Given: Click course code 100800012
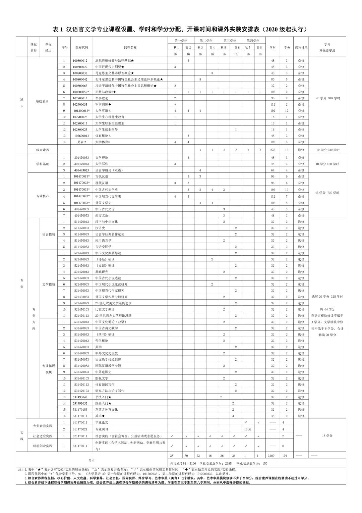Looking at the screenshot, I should click(80, 60).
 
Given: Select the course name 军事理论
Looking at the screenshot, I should click(102, 98).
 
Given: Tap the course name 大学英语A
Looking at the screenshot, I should click(103, 110).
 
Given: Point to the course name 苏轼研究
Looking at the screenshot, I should click(102, 272).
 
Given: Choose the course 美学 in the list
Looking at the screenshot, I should click(98, 347).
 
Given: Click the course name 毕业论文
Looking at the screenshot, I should click(102, 422).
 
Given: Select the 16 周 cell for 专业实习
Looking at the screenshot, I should click(248, 429).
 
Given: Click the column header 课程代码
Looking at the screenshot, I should click(81, 48).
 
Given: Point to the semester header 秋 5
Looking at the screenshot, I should click(224, 48).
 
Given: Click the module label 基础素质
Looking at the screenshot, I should click(43, 101).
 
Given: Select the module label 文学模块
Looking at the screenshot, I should click(49, 285).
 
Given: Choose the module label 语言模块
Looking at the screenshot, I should click(49, 234).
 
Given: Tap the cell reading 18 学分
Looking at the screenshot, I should click(327, 435).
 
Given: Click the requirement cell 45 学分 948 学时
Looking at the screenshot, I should click(327, 98).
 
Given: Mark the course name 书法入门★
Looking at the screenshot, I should click(103, 397).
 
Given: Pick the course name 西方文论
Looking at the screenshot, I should click(102, 215).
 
